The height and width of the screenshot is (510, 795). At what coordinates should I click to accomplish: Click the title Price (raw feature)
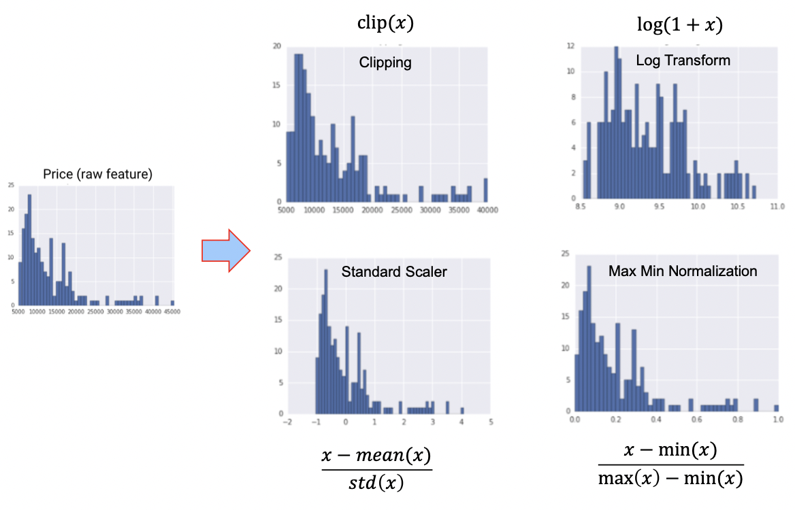97,174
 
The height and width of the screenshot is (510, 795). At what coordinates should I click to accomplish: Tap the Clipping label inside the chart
385,63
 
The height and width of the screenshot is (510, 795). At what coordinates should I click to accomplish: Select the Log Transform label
683,61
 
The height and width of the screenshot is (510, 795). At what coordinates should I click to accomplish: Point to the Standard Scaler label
394,272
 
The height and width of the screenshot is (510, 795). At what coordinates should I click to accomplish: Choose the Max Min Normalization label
683,271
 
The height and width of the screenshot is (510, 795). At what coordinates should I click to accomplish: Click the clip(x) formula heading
385,23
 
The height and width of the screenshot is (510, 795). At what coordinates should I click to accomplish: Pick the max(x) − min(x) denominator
670,479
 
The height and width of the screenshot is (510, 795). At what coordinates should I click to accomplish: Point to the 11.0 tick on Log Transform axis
777,204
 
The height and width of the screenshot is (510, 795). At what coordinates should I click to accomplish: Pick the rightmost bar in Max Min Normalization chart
776,407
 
